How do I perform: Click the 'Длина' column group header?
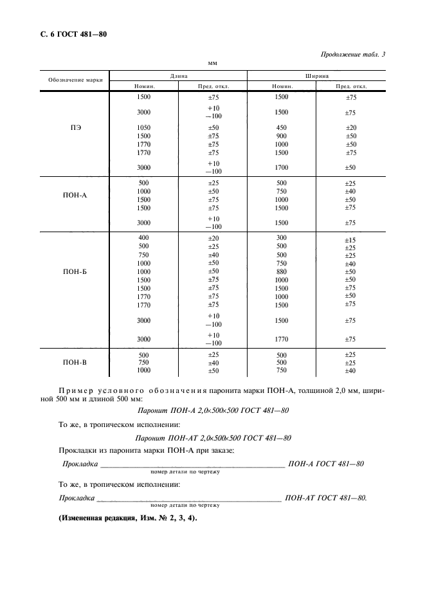point(179,75)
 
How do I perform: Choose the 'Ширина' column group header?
point(317,75)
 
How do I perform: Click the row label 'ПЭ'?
point(75,127)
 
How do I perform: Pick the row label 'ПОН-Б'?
point(75,272)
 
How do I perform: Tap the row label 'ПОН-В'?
point(75,363)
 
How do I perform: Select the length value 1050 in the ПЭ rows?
point(144,127)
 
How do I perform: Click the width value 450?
point(282,127)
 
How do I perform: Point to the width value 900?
point(282,136)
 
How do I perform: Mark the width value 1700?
point(282,167)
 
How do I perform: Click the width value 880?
point(282,271)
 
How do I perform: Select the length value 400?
point(144,238)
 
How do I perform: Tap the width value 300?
point(282,238)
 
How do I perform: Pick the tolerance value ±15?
point(350,241)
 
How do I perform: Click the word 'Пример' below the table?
point(75,390)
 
